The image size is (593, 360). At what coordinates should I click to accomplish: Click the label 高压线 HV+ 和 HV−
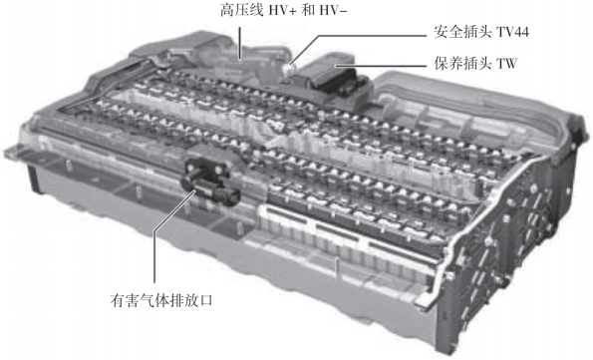coord(284,10)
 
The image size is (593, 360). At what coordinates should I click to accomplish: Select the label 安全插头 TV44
coord(481,32)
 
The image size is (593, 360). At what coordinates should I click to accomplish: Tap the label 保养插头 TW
coord(475,63)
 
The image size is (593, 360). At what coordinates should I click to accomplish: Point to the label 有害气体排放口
coord(161,300)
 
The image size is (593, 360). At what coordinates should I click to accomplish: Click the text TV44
coord(512,32)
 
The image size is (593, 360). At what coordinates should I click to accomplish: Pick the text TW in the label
coord(506,63)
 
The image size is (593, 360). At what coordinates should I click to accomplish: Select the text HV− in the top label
coord(333,10)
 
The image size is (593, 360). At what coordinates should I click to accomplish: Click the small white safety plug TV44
coord(288,69)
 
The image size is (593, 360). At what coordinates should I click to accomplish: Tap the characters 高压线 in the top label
coord(241,10)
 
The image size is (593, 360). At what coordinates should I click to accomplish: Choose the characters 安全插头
coord(462,32)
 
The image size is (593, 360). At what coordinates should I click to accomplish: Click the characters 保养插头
coord(462,63)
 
